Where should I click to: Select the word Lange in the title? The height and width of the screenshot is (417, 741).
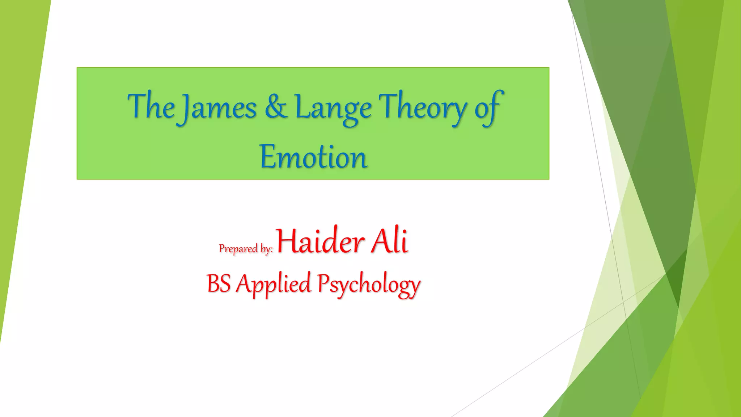pos(333,108)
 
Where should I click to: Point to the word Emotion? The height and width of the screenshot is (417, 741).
pos(313,157)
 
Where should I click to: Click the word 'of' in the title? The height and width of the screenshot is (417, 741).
pos(488,108)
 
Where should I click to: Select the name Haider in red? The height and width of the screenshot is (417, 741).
pos(320,241)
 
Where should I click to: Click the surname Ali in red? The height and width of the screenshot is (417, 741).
pos(390,241)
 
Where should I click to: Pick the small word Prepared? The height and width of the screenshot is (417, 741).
pos(238,249)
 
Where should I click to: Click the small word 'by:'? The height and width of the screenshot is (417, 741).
pos(266,249)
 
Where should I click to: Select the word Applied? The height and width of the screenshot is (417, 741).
pos(274,284)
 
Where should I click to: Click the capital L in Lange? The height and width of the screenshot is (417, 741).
pos(301,107)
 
